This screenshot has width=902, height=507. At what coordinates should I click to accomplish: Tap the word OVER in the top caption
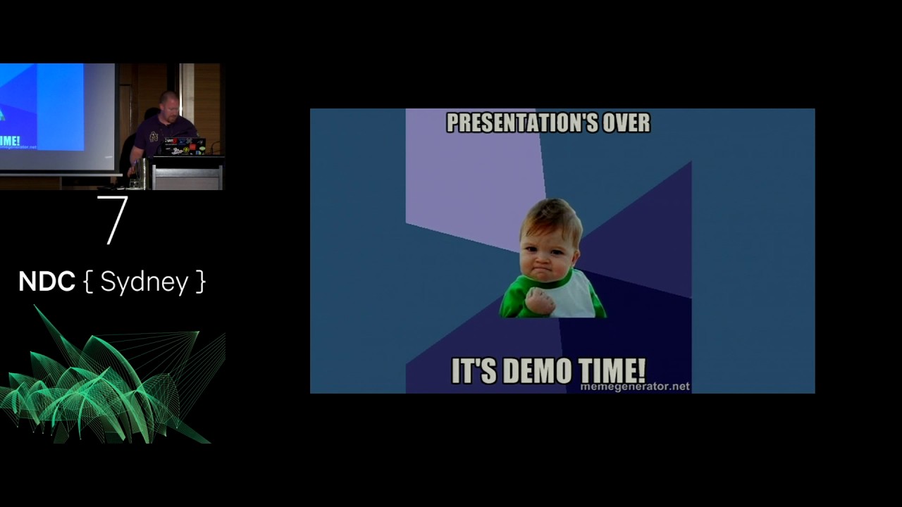(x=624, y=123)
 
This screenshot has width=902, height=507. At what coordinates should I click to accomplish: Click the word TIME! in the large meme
(x=612, y=371)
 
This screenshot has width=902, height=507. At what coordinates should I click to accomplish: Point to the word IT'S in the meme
(x=473, y=371)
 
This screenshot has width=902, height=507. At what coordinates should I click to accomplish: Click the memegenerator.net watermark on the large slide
(x=634, y=387)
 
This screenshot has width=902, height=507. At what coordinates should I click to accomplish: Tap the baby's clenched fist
(x=540, y=301)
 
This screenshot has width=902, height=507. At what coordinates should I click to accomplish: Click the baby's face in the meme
(x=550, y=244)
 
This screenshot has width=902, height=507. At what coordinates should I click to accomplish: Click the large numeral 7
(x=113, y=220)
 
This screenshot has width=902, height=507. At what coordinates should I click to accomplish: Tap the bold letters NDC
(x=47, y=282)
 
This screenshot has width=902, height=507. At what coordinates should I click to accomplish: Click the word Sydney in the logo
(x=144, y=282)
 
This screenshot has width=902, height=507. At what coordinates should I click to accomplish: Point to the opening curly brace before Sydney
(x=88, y=282)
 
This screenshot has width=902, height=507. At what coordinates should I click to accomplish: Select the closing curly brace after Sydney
(x=201, y=282)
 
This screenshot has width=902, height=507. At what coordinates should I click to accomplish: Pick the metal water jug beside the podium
(x=143, y=173)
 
